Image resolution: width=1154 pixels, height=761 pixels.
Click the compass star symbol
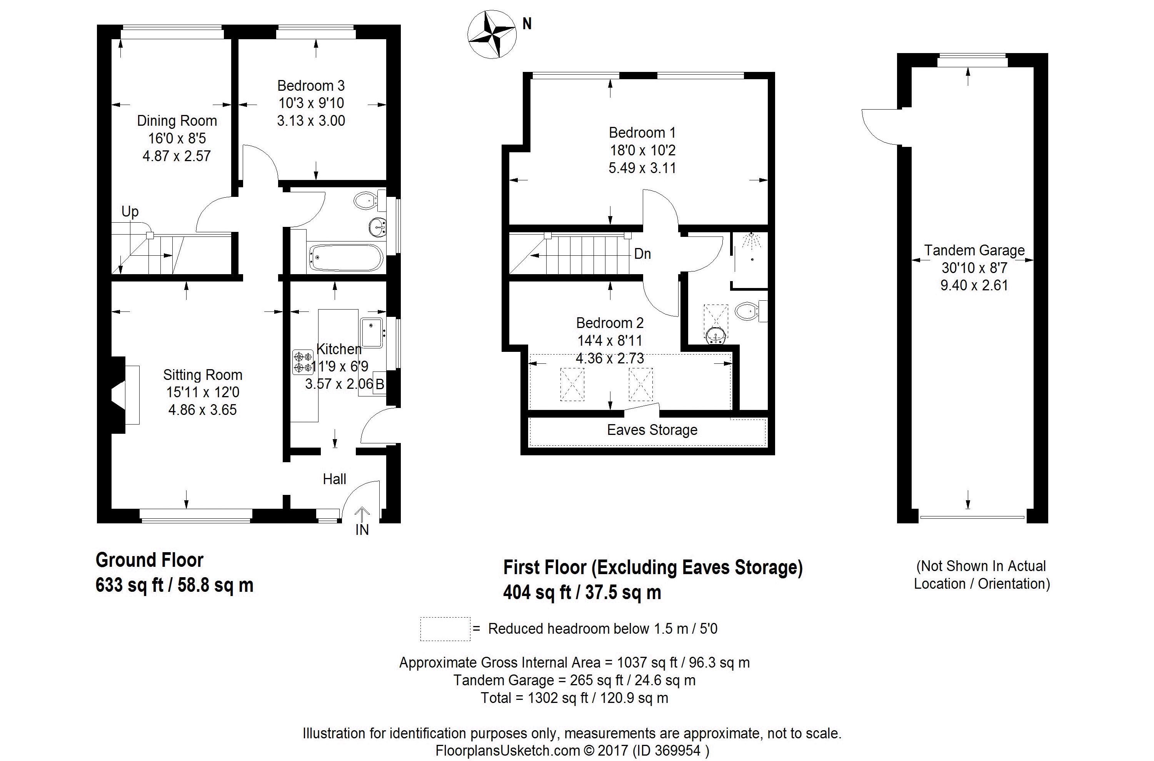(x=491, y=35)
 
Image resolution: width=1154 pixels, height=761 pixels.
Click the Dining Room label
(x=177, y=121)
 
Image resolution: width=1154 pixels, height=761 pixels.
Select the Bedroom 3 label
(x=311, y=86)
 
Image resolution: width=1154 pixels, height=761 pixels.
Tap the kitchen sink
(x=372, y=333)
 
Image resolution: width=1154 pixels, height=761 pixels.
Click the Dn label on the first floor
(x=642, y=254)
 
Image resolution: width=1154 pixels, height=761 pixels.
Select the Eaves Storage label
(x=652, y=430)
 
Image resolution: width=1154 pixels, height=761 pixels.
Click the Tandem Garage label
(x=974, y=250)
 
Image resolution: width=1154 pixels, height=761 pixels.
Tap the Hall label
(x=335, y=480)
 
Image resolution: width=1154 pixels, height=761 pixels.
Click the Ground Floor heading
(x=150, y=560)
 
